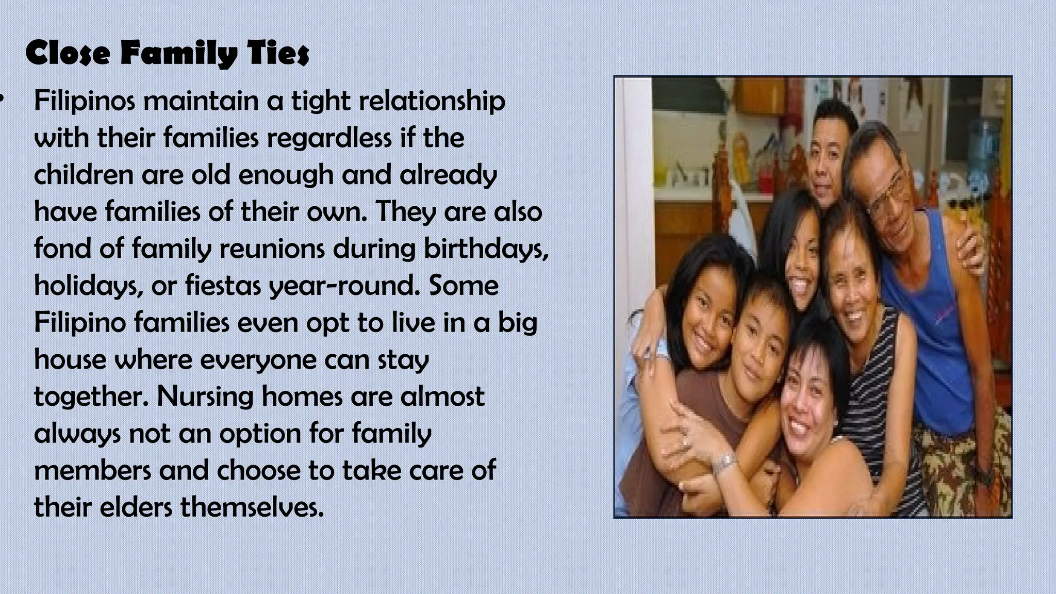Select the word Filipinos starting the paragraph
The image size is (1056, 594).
pos(85,101)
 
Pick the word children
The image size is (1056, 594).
pos(84,175)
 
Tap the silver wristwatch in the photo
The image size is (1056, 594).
pos(724,463)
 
